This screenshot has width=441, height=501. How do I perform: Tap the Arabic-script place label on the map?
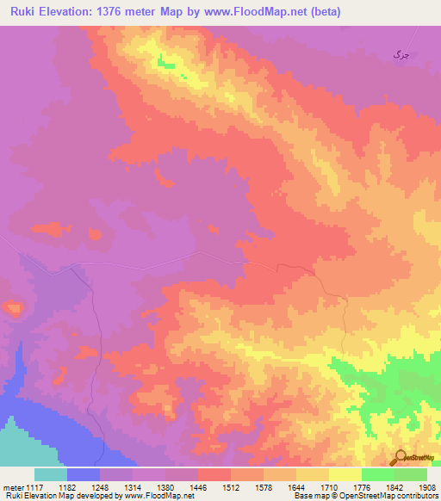pos(400,54)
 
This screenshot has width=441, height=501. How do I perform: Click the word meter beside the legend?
pos(14,487)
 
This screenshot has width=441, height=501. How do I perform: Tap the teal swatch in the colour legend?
pos(51,474)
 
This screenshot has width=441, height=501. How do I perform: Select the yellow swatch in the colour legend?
pos(345,474)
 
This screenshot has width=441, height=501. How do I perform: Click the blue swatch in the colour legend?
pos(84,474)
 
